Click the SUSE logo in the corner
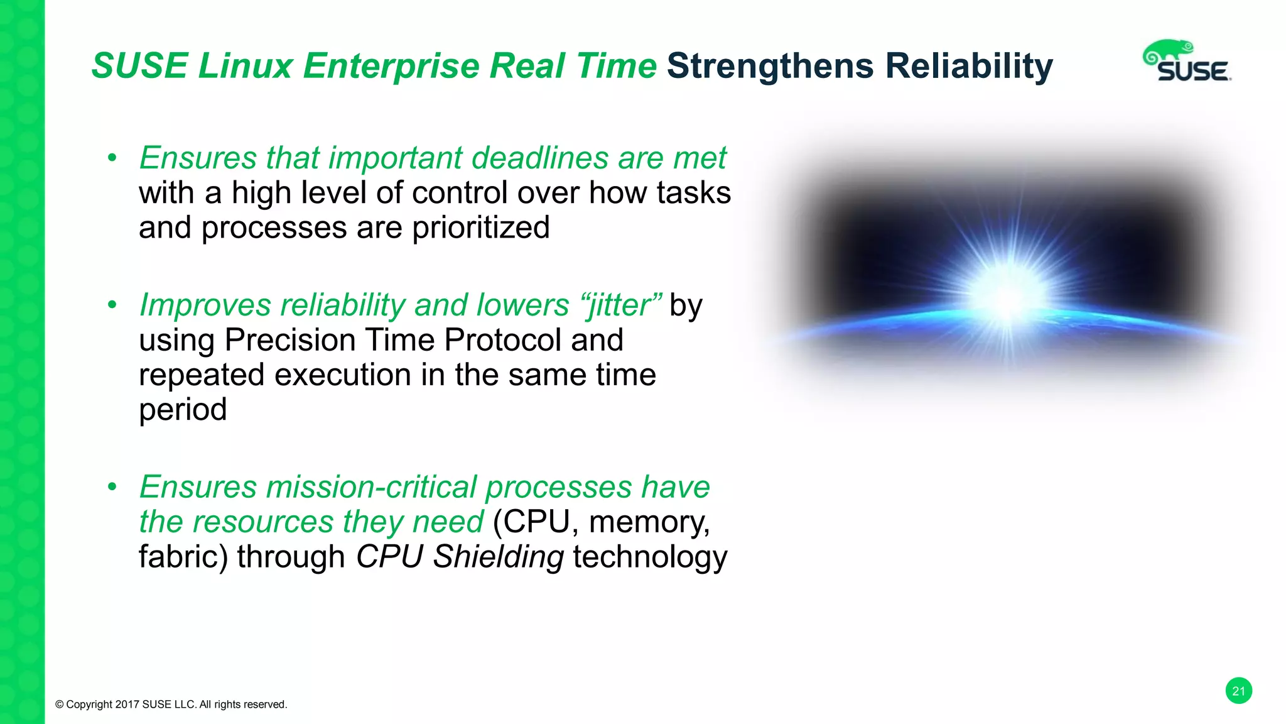point(1186,62)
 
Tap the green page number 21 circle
point(1238,691)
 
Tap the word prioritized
point(480,228)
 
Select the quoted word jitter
point(620,305)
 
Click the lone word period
point(182,410)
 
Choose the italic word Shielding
point(498,557)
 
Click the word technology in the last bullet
point(650,557)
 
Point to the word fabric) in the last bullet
point(182,557)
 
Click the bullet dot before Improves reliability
point(112,305)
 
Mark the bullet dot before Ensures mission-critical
point(112,487)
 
